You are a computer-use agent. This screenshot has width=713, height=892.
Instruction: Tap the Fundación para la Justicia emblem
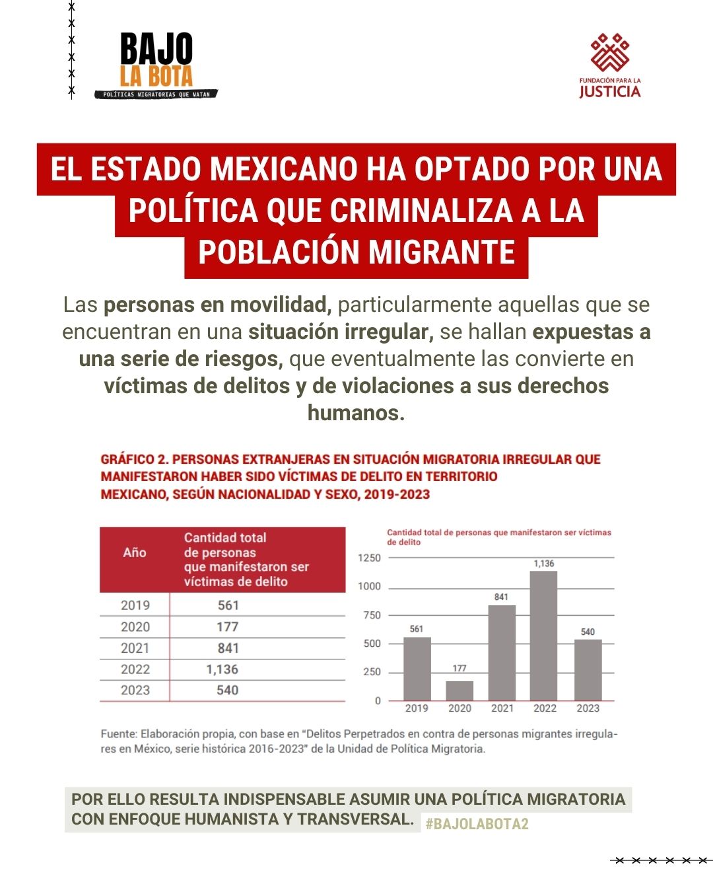click(x=609, y=53)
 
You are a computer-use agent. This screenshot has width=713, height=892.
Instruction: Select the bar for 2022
click(x=544, y=636)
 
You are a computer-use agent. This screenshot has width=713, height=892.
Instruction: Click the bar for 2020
click(x=459, y=690)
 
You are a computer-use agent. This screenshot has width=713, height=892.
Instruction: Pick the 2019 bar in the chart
click(x=417, y=669)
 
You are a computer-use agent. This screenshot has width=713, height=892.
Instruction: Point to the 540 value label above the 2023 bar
click(x=588, y=632)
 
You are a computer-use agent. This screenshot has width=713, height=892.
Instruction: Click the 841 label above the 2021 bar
click(x=502, y=597)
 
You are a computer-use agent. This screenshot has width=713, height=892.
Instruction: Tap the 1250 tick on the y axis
click(x=369, y=558)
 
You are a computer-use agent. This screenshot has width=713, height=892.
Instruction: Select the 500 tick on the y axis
click(x=372, y=644)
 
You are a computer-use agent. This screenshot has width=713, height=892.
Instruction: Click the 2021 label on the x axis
click(x=502, y=708)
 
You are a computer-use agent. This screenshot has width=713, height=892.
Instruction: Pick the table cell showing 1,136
click(x=222, y=669)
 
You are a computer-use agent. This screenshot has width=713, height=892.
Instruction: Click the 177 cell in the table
click(x=227, y=626)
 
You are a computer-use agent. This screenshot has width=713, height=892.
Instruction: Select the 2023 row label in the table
click(x=135, y=690)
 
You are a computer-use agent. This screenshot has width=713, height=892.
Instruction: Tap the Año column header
click(x=135, y=552)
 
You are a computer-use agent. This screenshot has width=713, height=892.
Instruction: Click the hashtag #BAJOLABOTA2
click(x=477, y=824)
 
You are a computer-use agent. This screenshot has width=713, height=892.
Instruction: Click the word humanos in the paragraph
click(x=356, y=413)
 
